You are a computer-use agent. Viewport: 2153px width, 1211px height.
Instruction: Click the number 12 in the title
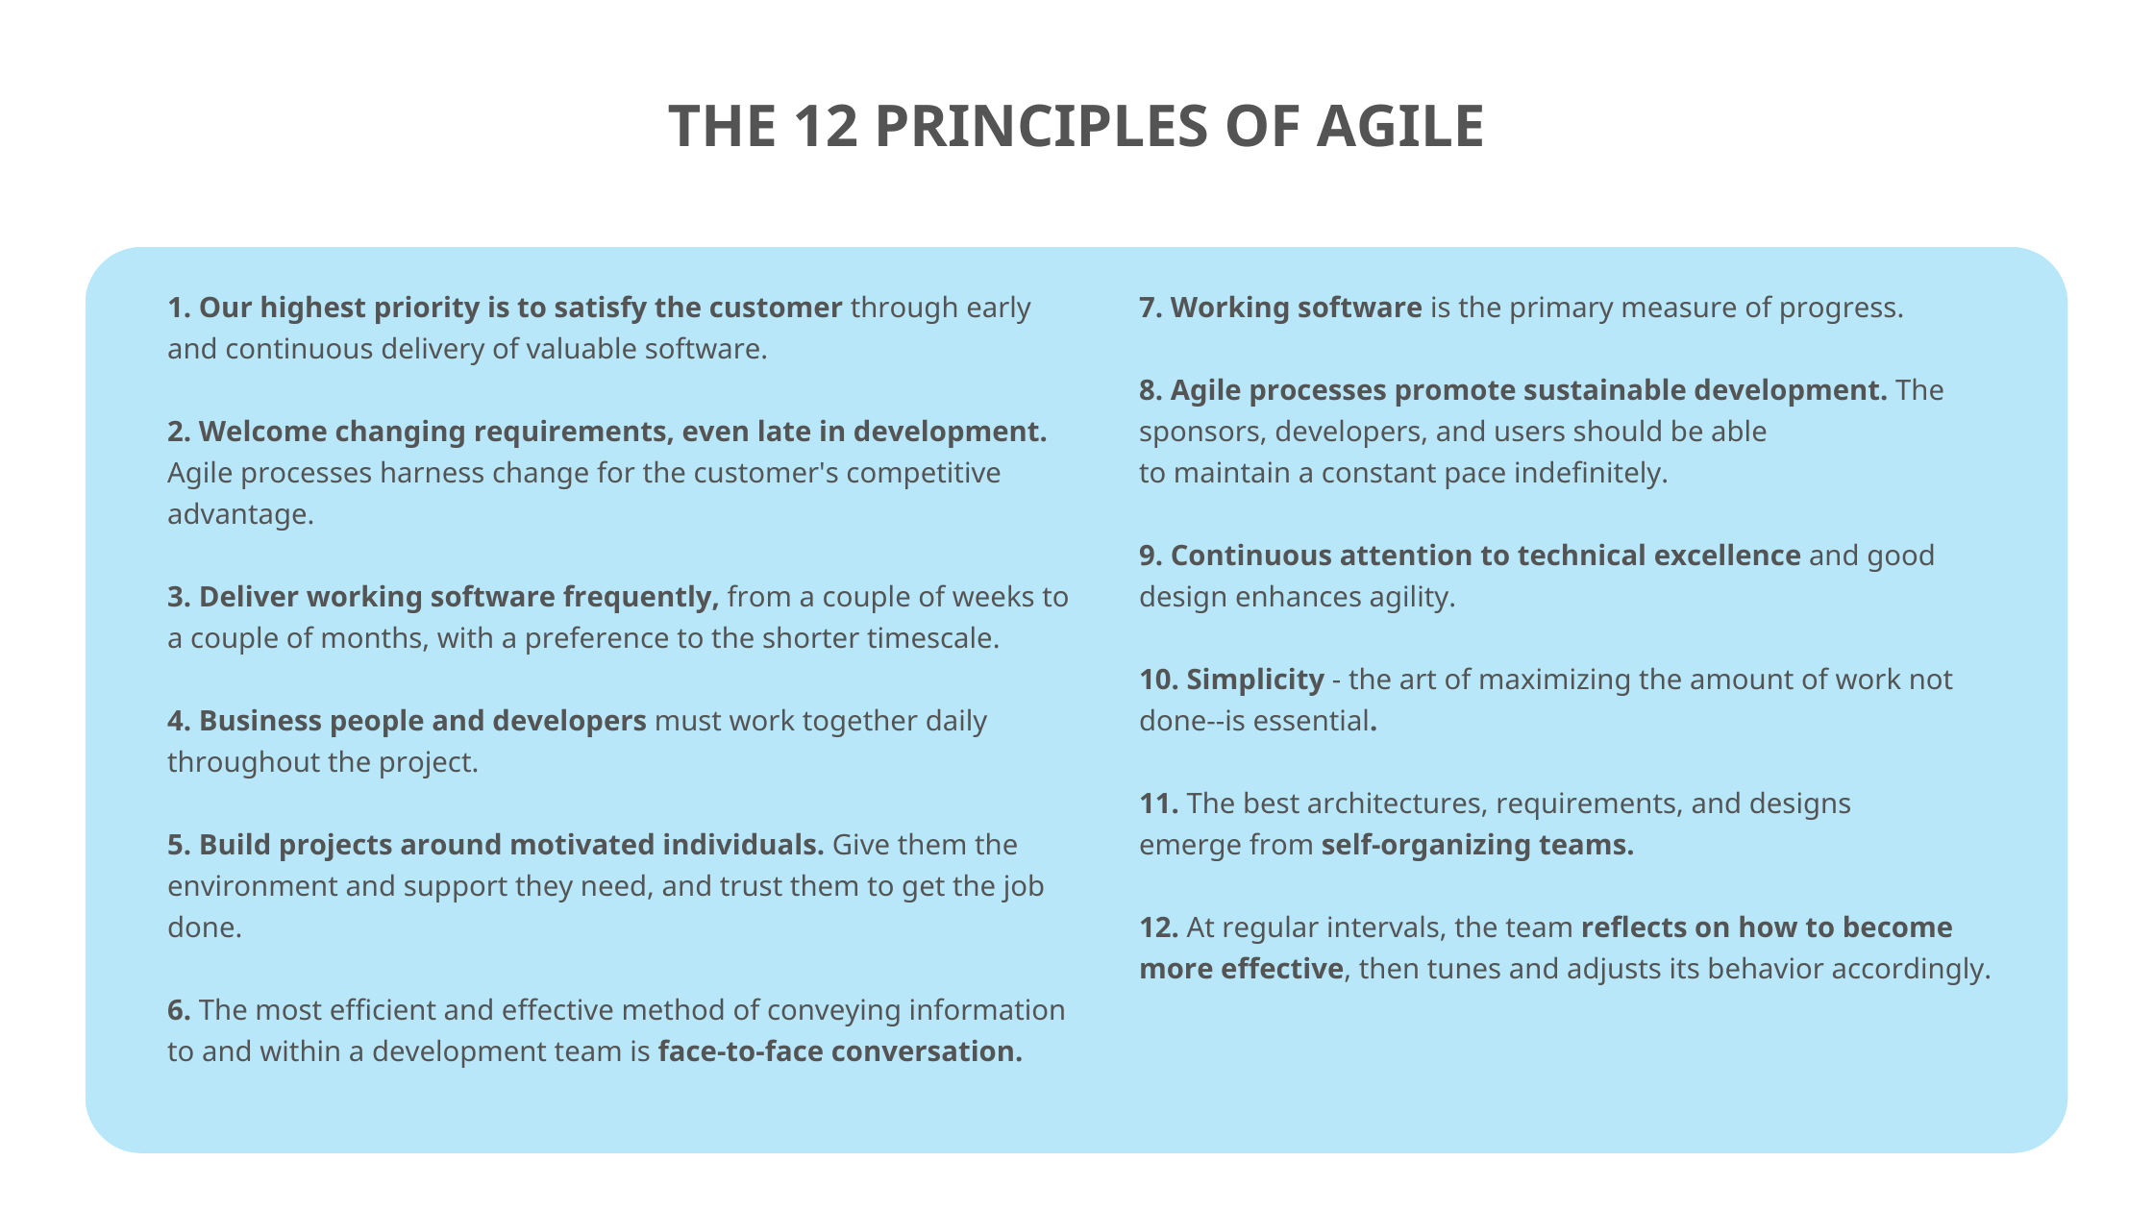[x=826, y=127]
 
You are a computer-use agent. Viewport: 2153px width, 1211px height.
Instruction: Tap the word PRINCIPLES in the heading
[x=1040, y=127]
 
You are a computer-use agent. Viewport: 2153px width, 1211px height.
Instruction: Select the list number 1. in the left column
[x=179, y=308]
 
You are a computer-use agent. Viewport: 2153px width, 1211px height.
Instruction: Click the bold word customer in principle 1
[x=775, y=308]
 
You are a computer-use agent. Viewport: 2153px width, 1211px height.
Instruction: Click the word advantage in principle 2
[x=238, y=514]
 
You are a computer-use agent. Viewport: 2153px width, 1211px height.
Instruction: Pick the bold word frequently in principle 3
[x=640, y=597]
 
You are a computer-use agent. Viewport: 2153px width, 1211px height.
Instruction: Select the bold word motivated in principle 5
[x=582, y=845]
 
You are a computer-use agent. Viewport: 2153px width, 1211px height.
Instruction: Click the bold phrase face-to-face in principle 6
[x=740, y=1051]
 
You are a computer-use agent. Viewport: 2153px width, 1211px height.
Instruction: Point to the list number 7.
[x=1151, y=308]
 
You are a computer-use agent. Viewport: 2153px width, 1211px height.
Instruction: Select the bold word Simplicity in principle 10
[x=1254, y=680]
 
